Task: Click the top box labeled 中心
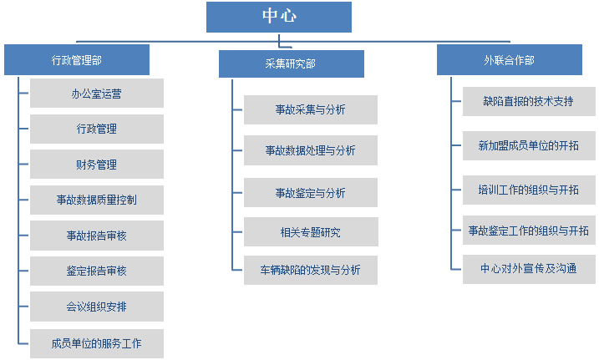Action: pos(279,17)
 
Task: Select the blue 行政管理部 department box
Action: pos(77,59)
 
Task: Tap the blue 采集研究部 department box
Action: pos(291,63)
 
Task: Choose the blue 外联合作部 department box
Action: pos(510,59)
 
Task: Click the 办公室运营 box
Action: pos(97,94)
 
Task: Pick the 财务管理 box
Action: pos(97,165)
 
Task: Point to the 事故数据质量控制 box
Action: pos(97,200)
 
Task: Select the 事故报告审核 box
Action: pos(97,236)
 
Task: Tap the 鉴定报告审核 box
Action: pos(97,271)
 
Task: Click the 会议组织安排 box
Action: pos(97,307)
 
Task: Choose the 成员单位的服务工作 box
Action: pos(97,343)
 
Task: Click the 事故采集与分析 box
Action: pos(311,109)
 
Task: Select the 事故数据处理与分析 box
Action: pos(311,150)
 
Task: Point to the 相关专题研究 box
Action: pos(311,231)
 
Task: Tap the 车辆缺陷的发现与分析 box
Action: pos(311,270)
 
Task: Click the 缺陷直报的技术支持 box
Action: pos(529,101)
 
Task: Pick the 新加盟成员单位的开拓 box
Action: pos(529,145)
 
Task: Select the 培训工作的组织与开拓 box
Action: pos(529,190)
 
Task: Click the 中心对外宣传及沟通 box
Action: pos(529,269)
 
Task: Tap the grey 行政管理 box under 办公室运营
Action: pos(97,129)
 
